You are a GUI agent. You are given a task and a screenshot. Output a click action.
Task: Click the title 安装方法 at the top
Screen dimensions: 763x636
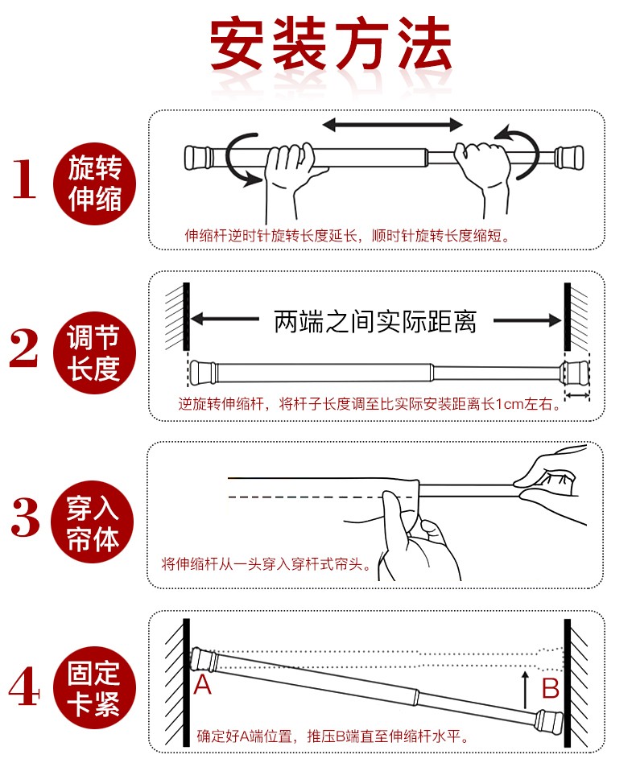330,44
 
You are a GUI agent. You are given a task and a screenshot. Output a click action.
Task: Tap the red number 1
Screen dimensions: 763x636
23,179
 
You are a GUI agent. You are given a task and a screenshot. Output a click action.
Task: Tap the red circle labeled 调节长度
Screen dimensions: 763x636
95,352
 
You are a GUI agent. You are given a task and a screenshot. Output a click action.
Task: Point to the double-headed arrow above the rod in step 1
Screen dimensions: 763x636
393,125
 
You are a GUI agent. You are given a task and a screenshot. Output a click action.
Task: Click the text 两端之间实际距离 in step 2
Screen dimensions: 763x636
375,321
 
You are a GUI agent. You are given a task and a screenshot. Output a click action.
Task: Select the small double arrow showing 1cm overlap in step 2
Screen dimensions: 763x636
576,396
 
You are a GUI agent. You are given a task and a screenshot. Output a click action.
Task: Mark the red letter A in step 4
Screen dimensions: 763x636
203,685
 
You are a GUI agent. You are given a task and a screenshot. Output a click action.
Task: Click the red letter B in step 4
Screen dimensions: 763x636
550,688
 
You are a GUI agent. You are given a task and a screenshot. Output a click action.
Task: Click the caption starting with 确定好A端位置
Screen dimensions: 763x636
333,736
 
